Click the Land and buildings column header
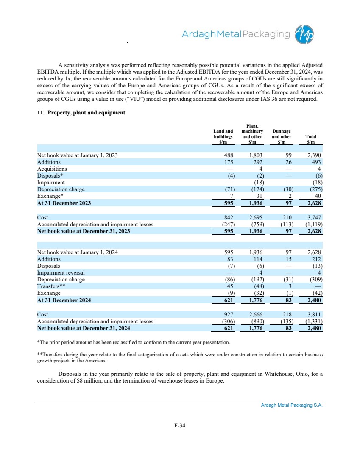click(x=223, y=137)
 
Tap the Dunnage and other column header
click(x=282, y=137)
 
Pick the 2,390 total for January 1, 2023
click(x=314, y=155)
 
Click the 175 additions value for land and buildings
click(x=227, y=162)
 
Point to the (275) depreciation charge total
click(x=314, y=189)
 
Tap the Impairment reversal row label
click(x=61, y=272)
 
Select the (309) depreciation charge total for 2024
click(x=314, y=280)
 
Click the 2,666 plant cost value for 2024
click(x=256, y=315)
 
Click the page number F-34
click(x=180, y=426)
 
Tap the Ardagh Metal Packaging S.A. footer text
click(x=292, y=405)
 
